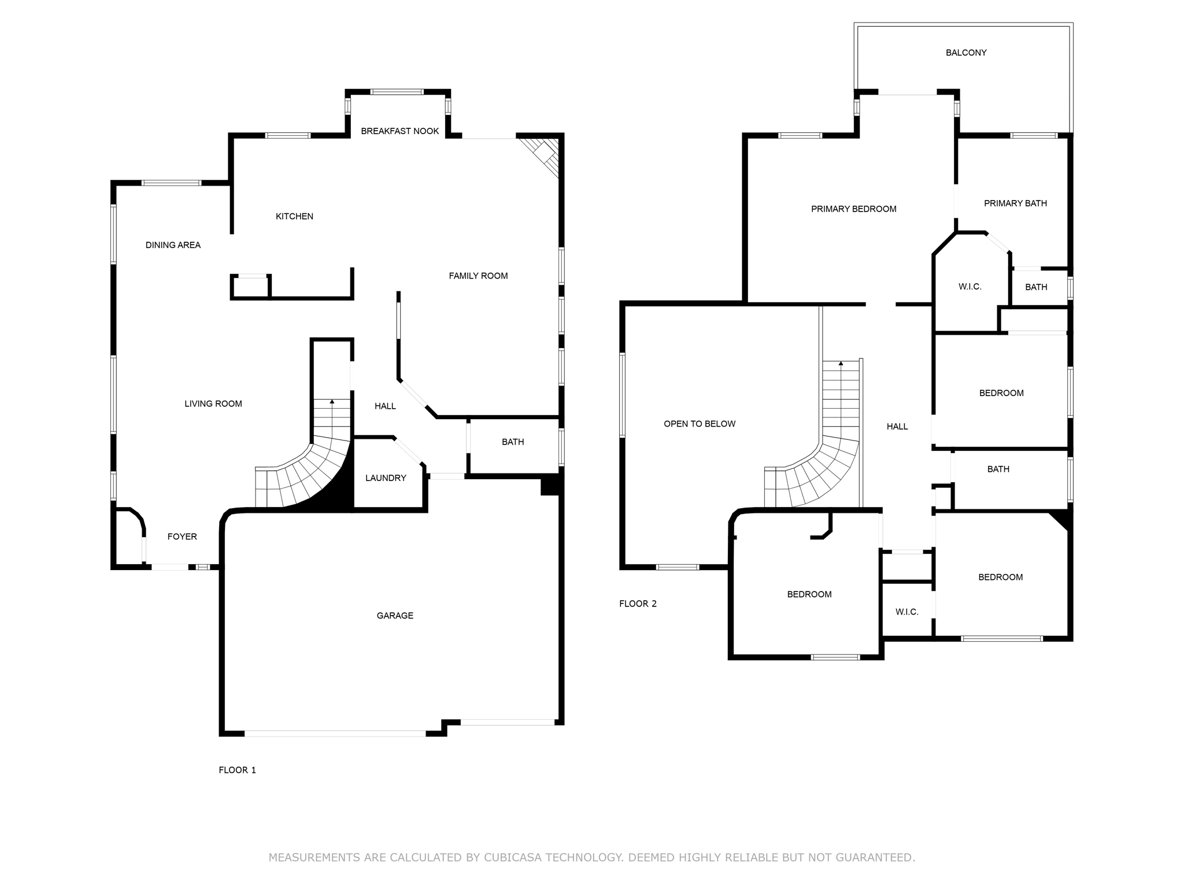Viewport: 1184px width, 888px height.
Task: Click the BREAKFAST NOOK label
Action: pyautogui.click(x=399, y=131)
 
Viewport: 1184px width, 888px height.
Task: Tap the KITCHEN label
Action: pyautogui.click(x=294, y=216)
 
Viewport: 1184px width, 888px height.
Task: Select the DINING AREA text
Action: pyautogui.click(x=173, y=245)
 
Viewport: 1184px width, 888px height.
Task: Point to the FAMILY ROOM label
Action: pyautogui.click(x=478, y=276)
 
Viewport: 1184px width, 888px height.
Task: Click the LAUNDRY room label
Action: pyautogui.click(x=386, y=478)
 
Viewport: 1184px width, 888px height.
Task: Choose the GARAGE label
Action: pyautogui.click(x=395, y=616)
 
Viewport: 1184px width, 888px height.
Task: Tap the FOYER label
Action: pyautogui.click(x=182, y=536)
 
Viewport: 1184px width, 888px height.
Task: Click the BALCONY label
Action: pyautogui.click(x=966, y=53)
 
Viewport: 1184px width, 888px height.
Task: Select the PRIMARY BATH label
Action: pyautogui.click(x=1015, y=203)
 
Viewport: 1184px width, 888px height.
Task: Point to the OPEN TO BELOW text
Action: pyautogui.click(x=700, y=424)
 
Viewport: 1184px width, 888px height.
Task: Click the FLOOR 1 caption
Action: pyautogui.click(x=237, y=770)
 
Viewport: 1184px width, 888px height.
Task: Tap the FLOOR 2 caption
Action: pyautogui.click(x=638, y=604)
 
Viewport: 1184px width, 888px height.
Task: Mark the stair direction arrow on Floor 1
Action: pyautogui.click(x=332, y=401)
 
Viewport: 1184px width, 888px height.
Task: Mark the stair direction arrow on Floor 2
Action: pyautogui.click(x=841, y=363)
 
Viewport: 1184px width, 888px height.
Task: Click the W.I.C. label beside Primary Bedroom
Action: pyautogui.click(x=970, y=287)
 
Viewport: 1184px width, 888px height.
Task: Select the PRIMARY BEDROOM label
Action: pyautogui.click(x=853, y=209)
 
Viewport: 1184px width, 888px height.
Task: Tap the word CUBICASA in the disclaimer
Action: pyautogui.click(x=512, y=857)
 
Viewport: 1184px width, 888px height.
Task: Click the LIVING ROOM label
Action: pyautogui.click(x=213, y=404)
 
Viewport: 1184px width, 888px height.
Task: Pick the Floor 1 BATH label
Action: pyautogui.click(x=513, y=442)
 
